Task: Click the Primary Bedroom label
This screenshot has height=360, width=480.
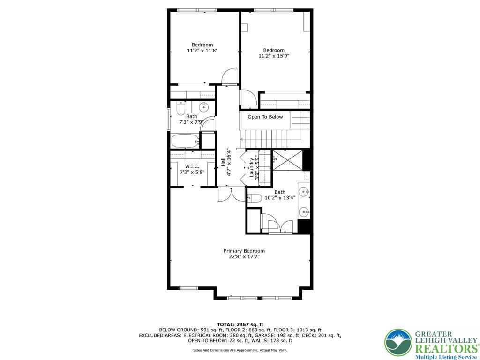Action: pos(244,251)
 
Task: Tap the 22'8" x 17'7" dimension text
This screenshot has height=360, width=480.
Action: pos(244,257)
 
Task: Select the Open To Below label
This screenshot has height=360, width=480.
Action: pos(265,117)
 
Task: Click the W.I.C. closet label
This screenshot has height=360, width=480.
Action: pos(192,166)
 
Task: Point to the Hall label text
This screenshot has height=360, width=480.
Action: pos(223,162)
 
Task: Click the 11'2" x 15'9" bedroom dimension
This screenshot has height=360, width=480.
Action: pos(274,56)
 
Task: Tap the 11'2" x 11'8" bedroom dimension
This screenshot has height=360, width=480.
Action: pos(202,51)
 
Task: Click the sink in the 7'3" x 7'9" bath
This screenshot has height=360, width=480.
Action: pos(203,107)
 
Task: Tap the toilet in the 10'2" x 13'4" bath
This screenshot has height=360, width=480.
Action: pos(255,197)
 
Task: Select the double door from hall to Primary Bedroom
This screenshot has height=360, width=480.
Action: pos(231,194)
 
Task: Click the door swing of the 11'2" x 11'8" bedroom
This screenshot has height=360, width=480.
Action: pos(230,76)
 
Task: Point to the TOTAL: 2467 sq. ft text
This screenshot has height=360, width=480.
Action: pos(240,324)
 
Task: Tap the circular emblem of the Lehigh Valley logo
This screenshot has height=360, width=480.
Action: pos(398,342)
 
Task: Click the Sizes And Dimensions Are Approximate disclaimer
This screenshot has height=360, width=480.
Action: pos(240,350)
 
